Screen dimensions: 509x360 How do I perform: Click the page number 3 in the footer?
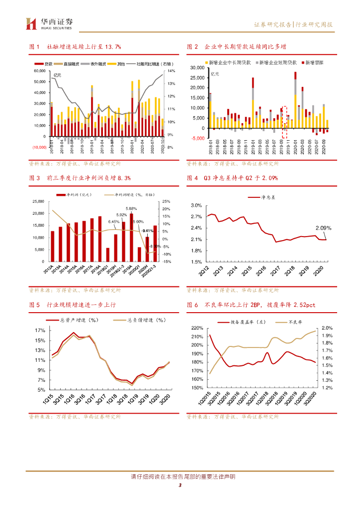pyautogui.click(x=180, y=486)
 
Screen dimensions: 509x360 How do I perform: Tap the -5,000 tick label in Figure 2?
pyautogui.click(x=197, y=138)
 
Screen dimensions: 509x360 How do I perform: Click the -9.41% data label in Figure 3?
pyautogui.click(x=147, y=231)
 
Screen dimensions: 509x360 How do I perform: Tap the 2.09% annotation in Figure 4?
pyautogui.click(x=323, y=228)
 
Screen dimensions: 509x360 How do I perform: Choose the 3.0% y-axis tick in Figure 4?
pyautogui.click(x=196, y=205)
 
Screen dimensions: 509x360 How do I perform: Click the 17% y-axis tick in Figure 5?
pyautogui.click(x=40, y=331)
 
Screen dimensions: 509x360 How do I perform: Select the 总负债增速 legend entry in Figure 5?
pyautogui.click(x=140, y=321)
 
